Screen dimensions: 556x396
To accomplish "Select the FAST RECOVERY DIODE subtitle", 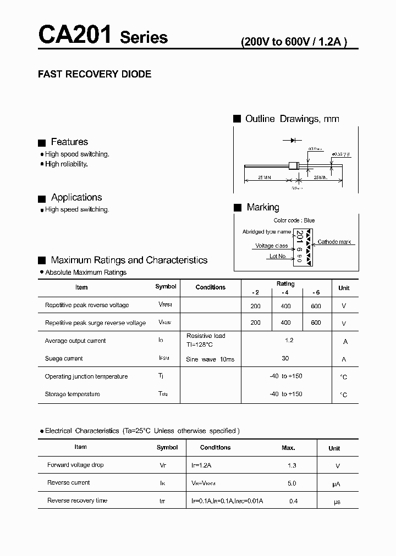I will (94, 74).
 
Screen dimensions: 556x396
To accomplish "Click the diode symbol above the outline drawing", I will (293, 141).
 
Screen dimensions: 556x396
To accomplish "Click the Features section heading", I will (69, 142).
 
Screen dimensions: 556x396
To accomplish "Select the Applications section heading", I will (76, 197).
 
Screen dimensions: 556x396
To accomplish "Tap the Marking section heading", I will (262, 207).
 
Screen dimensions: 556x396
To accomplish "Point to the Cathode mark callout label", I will (334, 242).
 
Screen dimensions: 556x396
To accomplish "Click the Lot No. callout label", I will (278, 256).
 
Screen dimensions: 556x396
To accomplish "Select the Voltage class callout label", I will (271, 246).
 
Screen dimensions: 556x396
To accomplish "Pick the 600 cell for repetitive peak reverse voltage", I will (316, 305).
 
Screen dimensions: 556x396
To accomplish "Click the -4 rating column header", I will (285, 292).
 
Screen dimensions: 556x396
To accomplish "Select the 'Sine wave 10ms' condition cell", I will (210, 359).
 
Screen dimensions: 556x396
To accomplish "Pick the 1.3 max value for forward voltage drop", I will (291, 465).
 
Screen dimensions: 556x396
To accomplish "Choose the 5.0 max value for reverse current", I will (291, 483).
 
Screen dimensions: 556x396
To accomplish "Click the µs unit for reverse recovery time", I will (338, 501).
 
